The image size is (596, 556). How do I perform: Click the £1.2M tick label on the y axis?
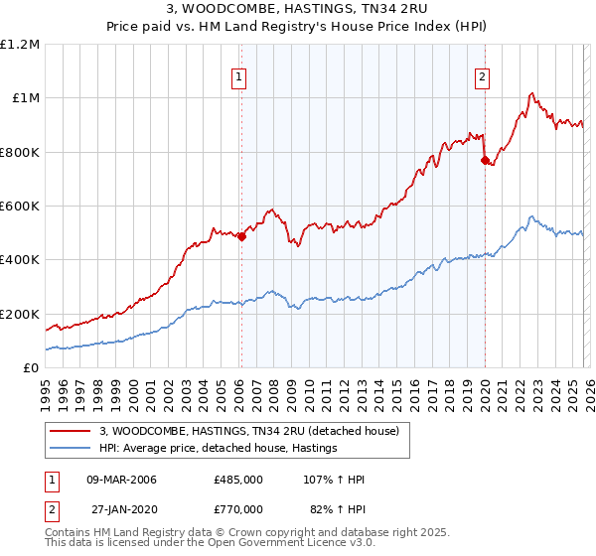[20, 45]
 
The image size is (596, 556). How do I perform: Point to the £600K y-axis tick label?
[20, 207]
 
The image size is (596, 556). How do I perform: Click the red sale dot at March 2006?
[241, 236]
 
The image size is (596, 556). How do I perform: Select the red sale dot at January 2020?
[485, 160]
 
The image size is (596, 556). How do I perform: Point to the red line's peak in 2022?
[531, 94]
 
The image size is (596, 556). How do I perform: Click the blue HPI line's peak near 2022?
[531, 216]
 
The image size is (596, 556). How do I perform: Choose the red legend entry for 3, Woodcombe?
[248, 431]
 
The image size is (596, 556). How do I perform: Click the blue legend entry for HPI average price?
[218, 448]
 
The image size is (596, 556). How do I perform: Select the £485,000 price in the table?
[237, 480]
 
